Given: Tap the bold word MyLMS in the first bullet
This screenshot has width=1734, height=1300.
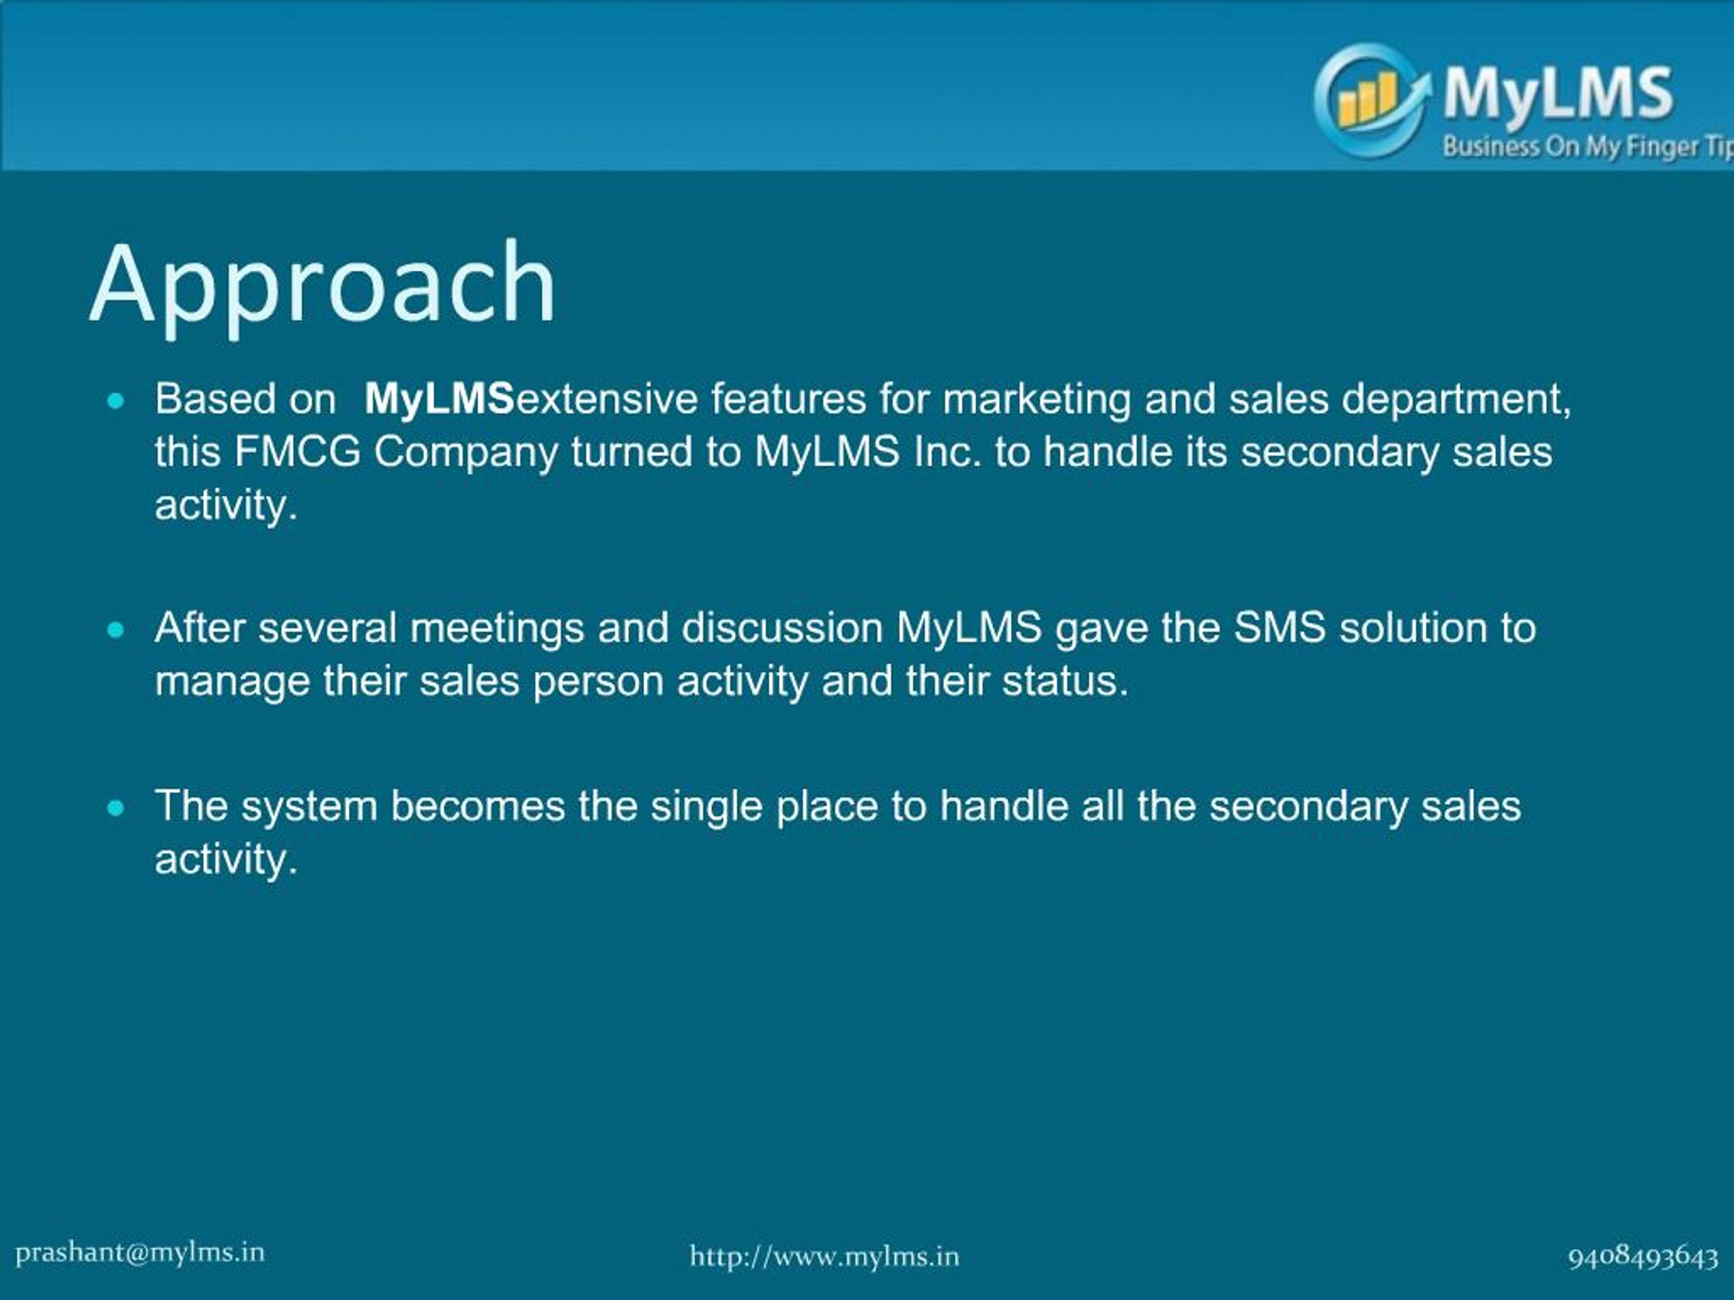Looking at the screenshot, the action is click(x=439, y=399).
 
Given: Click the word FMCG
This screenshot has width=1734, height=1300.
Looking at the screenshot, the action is click(x=297, y=452).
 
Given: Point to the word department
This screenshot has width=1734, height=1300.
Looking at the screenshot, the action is click(x=1456, y=400).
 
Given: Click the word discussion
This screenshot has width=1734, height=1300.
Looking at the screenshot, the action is click(x=782, y=628).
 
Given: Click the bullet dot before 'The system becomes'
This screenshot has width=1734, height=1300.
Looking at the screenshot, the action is click(x=116, y=808).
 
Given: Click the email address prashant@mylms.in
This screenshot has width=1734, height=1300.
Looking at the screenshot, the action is click(x=140, y=1252).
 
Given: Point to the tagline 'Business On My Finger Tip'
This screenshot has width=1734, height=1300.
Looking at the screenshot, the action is click(x=1588, y=146).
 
